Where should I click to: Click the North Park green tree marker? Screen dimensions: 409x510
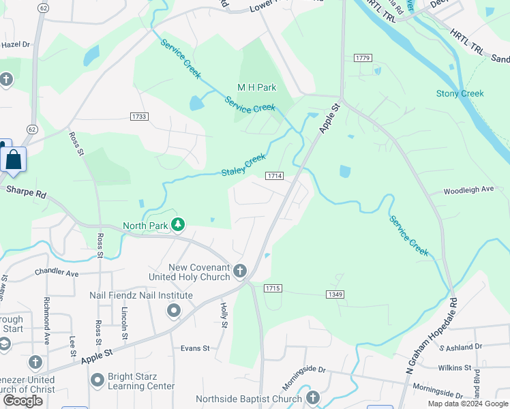point(178,224)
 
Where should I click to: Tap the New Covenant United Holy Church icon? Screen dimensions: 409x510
point(239,271)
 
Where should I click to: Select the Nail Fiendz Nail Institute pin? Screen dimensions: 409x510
point(174,311)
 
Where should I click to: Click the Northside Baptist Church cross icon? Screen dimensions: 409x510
point(312,397)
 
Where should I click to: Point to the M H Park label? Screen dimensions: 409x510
point(256,87)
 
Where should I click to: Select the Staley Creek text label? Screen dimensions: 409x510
point(243,164)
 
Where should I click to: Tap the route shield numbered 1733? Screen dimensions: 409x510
point(139,117)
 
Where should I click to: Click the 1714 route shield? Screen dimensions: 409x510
point(275,176)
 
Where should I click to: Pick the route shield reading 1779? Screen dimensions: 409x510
point(363,58)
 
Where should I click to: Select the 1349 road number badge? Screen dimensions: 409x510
point(333,294)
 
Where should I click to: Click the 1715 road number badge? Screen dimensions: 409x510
point(273,288)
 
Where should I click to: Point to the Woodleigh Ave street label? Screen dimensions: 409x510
point(468,190)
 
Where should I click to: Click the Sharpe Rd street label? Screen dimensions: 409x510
point(26,193)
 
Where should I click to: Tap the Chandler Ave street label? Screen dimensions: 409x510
point(58,273)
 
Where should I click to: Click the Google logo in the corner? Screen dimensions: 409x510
point(22,401)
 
